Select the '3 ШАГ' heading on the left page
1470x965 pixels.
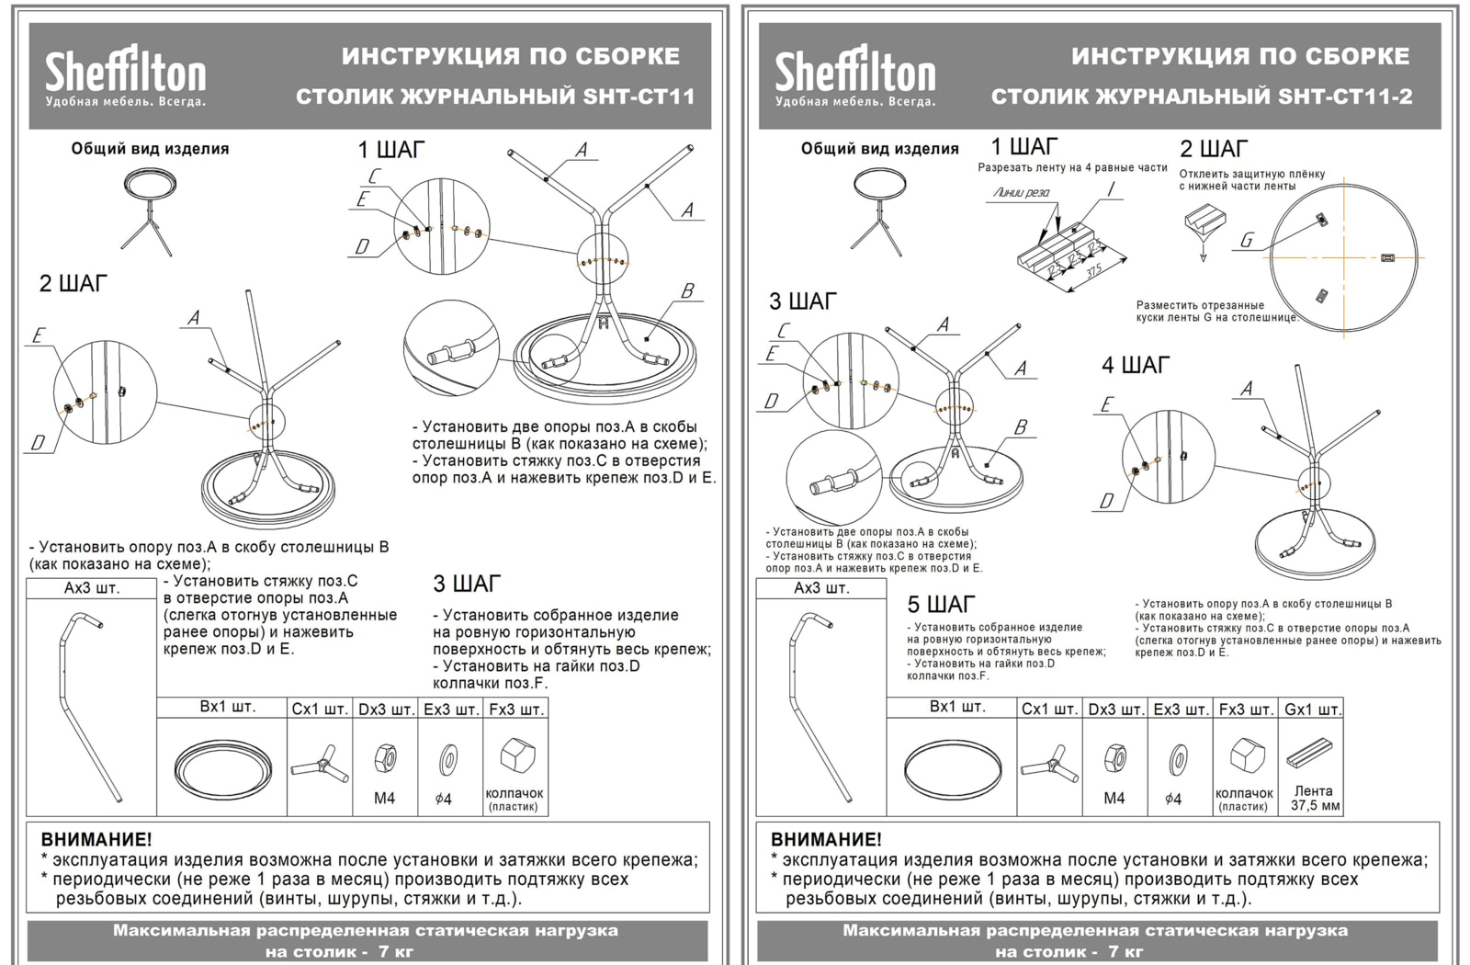click(467, 585)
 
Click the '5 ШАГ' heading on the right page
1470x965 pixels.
click(941, 605)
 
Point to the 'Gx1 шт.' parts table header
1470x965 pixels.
click(1312, 710)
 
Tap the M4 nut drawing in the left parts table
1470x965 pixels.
click(385, 759)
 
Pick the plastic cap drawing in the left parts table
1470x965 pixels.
click(515, 756)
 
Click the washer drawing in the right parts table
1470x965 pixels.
click(1177, 761)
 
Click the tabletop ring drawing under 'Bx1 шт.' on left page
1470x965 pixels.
click(222, 766)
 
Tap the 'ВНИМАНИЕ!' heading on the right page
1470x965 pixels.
click(826, 839)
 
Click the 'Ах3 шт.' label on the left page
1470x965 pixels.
click(91, 588)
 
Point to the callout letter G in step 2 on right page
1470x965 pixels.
click(1246, 241)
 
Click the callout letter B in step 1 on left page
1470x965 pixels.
click(686, 291)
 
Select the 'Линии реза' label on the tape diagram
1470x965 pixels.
click(1021, 193)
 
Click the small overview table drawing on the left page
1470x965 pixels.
click(149, 210)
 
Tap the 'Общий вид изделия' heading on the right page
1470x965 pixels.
click(879, 149)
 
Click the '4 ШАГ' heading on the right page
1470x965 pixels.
click(1136, 366)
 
